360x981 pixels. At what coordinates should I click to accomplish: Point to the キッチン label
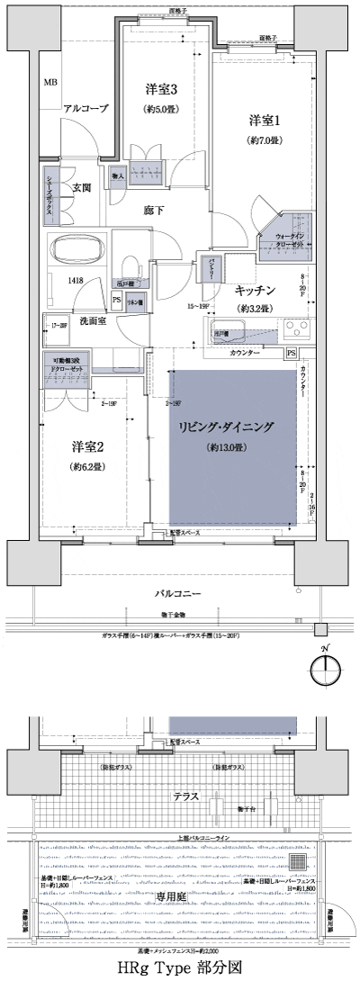256,290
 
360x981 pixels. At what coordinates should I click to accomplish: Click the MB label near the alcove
50,82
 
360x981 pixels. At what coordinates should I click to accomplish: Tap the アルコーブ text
85,108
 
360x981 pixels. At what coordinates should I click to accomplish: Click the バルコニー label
180,594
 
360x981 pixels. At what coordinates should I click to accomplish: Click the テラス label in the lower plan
180,797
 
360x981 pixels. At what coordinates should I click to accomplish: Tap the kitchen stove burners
296,326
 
